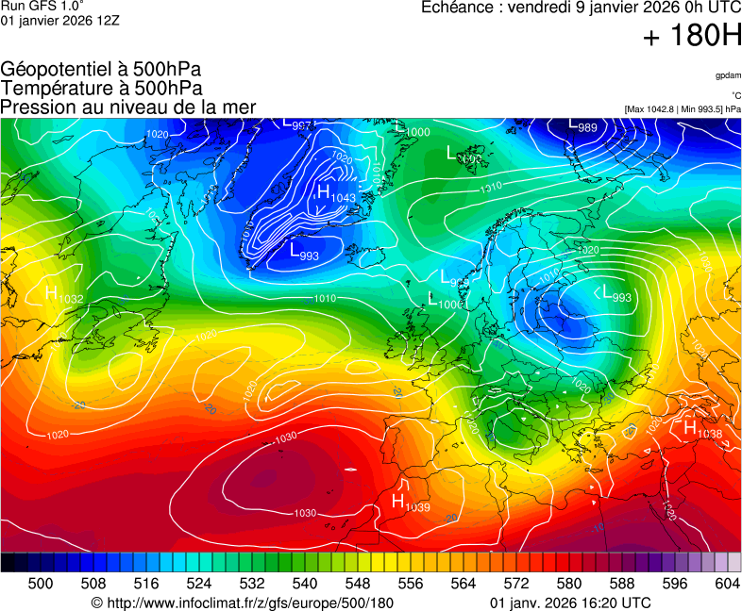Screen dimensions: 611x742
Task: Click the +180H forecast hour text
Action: click(692, 38)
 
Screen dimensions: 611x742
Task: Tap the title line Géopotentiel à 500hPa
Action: click(101, 70)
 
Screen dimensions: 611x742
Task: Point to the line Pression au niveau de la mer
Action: click(128, 107)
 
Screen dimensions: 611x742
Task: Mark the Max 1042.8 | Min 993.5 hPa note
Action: click(683, 109)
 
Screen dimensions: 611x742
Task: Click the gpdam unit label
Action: click(728, 75)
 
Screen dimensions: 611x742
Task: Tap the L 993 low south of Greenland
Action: click(304, 252)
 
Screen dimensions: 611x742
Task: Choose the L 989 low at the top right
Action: click(582, 125)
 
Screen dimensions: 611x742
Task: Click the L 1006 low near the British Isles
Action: click(445, 302)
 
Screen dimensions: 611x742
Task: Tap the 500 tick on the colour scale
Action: click(41, 584)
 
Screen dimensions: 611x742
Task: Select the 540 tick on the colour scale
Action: click(304, 584)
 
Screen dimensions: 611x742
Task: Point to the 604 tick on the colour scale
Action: click(727, 584)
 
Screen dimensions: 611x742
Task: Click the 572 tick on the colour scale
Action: click(515, 584)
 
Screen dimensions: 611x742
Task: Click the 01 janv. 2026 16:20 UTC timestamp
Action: click(570, 603)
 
